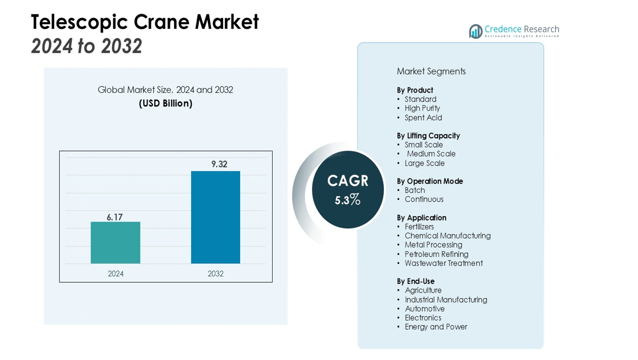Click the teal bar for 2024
tap(115, 242)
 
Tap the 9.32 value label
tap(219, 164)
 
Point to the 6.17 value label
tap(114, 217)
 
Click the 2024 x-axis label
tap(116, 274)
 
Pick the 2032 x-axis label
tap(216, 274)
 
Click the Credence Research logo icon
tap(475, 31)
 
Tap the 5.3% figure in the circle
tap(347, 200)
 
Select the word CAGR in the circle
tap(347, 181)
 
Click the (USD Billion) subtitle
tap(165, 103)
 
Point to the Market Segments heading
tap(431, 71)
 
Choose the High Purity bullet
tap(422, 108)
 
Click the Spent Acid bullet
tap(423, 118)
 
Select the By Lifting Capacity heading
tap(428, 136)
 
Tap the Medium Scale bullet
tap(431, 154)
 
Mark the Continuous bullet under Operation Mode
tap(424, 199)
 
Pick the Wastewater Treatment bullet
tap(443, 263)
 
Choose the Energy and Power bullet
tap(436, 327)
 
